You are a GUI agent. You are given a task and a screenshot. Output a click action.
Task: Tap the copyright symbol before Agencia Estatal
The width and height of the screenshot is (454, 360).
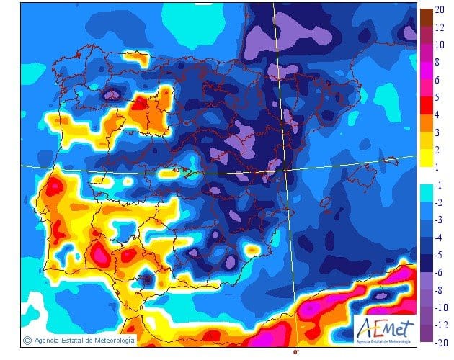(27, 340)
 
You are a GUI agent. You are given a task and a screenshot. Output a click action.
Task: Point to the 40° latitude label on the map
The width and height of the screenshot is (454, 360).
(177, 170)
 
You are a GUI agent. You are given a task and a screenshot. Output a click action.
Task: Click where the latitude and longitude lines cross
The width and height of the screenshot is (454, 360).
(285, 169)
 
